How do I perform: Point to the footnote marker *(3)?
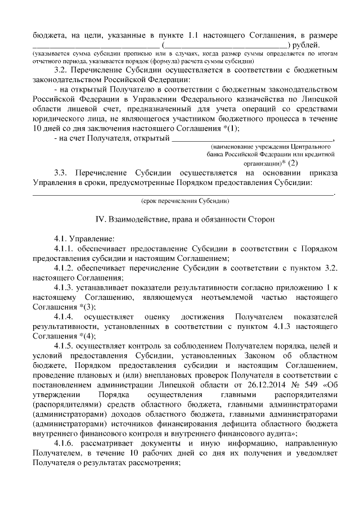point(82,307)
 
